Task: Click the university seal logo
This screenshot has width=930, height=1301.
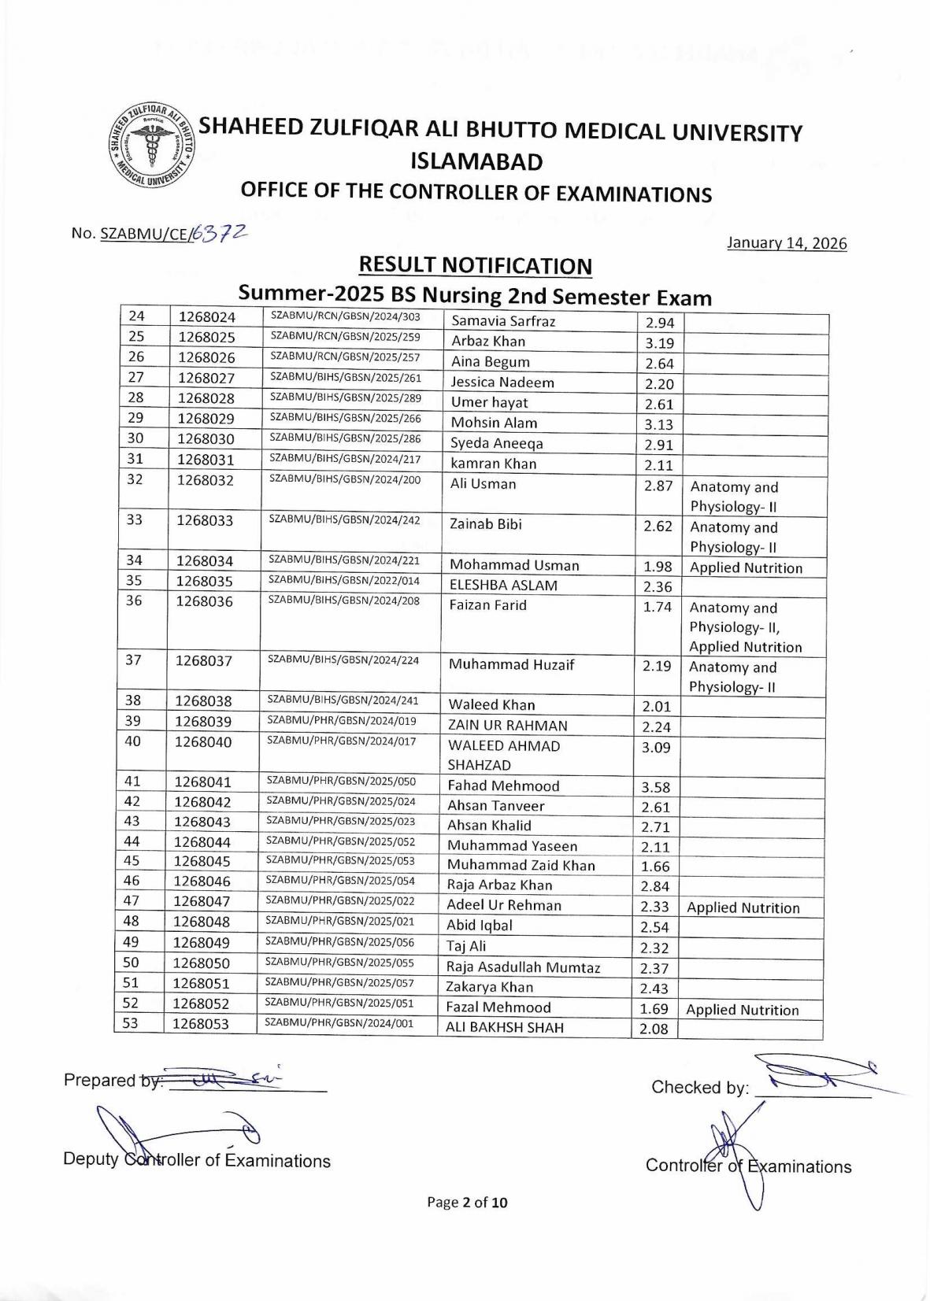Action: tap(152, 146)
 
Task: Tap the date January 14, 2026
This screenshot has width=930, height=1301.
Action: tap(787, 243)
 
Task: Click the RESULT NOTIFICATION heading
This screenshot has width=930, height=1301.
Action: tap(475, 265)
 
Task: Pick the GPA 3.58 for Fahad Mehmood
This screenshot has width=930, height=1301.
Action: tap(655, 787)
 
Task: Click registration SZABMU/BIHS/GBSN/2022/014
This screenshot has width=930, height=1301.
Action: tap(343, 581)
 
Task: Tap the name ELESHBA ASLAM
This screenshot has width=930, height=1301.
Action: tap(503, 586)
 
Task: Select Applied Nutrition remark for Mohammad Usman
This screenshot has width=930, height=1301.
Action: tap(746, 568)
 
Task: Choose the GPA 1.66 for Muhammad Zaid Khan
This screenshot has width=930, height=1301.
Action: tap(655, 867)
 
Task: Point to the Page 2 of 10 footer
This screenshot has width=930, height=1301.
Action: tap(467, 1202)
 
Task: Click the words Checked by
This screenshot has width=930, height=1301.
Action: tap(698, 1088)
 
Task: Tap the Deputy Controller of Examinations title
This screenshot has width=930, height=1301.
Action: tap(197, 1161)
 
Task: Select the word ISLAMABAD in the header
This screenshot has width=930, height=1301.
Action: tap(476, 162)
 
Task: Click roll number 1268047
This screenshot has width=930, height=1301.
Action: tap(202, 902)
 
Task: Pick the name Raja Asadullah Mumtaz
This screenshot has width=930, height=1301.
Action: tap(523, 967)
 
